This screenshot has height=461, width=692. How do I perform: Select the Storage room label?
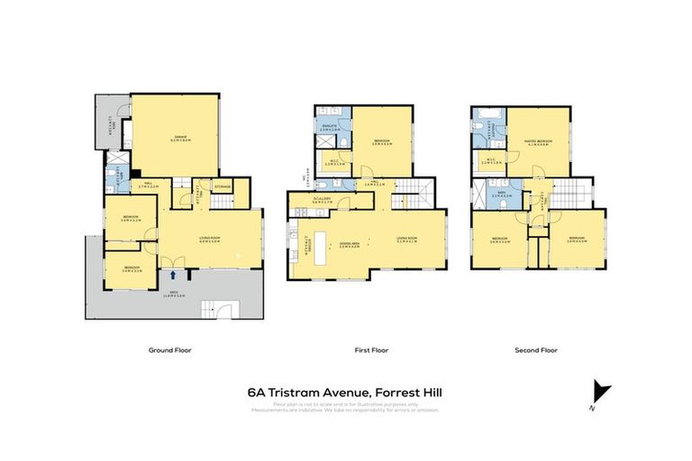click(x=223, y=187)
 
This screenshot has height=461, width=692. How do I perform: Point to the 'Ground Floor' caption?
click(x=169, y=349)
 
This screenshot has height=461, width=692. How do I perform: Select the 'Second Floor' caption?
click(x=537, y=349)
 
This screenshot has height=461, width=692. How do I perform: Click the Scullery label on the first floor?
click(x=323, y=201)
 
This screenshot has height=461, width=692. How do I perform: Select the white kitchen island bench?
click(x=322, y=244)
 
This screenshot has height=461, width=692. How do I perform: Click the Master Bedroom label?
click(x=538, y=141)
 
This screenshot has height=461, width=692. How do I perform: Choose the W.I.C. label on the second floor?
click(x=492, y=162)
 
